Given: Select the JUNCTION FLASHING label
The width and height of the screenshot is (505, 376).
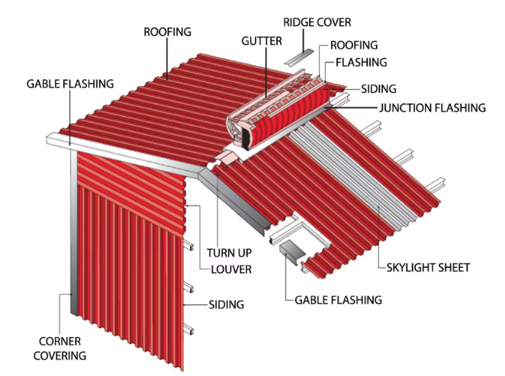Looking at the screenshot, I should coord(433,108).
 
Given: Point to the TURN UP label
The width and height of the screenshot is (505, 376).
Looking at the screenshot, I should coord(230,252).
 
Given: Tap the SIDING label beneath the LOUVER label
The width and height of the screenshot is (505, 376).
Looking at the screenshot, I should coord(227,305).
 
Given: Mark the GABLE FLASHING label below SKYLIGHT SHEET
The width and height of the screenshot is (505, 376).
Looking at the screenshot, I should coord(338,300).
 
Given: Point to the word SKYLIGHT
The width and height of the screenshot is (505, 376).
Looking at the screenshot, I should coord(408,268).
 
